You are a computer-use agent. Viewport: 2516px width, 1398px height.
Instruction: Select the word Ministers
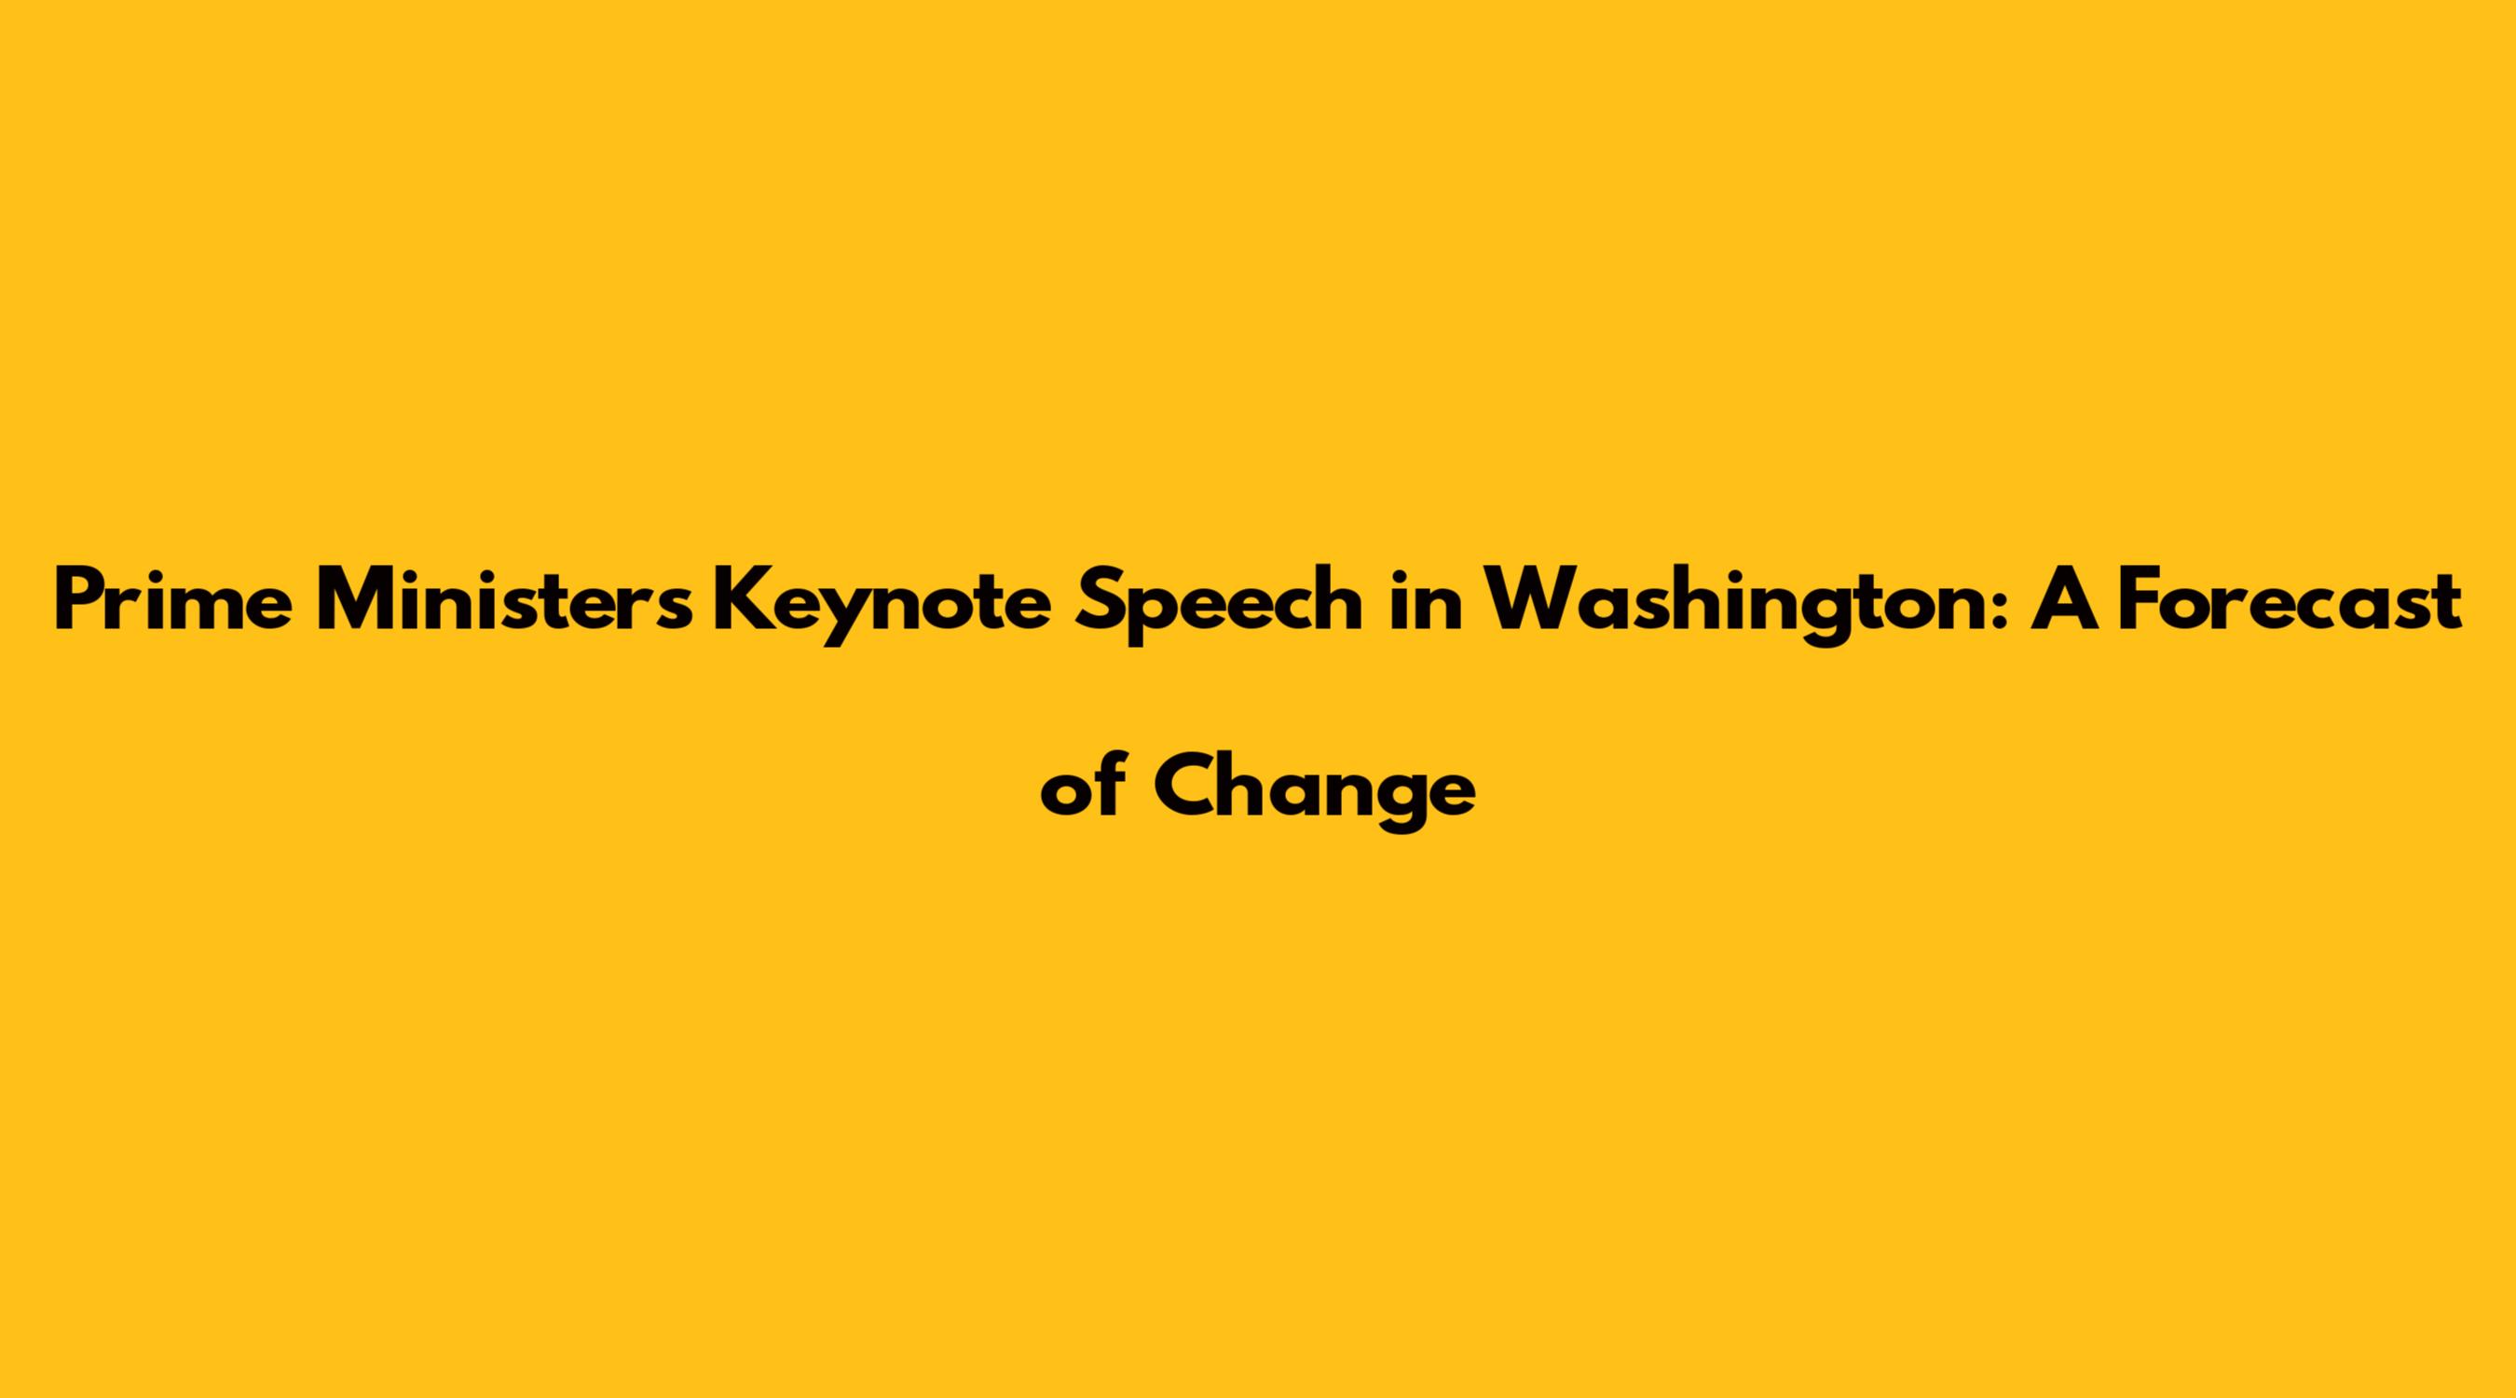[505, 601]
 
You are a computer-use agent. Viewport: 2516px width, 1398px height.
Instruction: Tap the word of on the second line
[1083, 788]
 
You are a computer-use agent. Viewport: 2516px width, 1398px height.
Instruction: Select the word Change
[1314, 792]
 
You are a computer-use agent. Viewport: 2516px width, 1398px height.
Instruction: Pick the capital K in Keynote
[742, 601]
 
